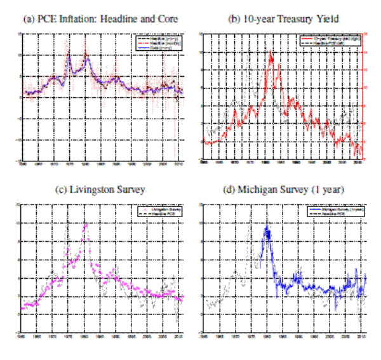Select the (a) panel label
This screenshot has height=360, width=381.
point(28,20)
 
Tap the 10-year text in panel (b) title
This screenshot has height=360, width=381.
point(253,20)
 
